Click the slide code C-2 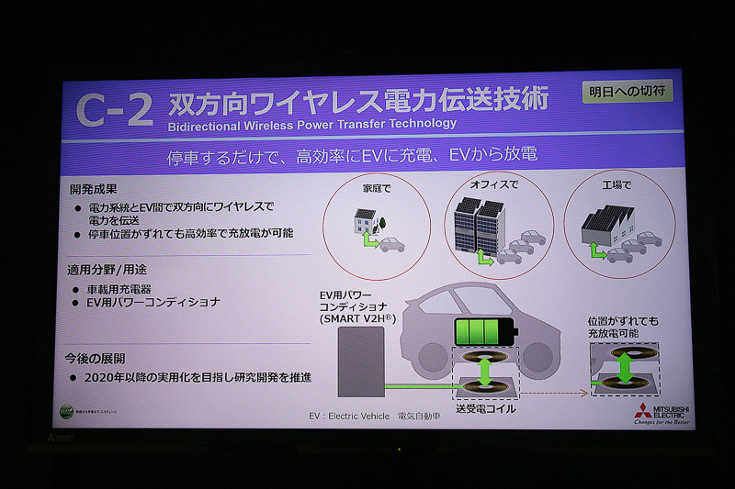(x=115, y=110)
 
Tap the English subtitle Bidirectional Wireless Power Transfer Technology (x=312, y=123)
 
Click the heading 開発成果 (x=95, y=189)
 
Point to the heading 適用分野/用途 (x=108, y=272)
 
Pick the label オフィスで (x=494, y=183)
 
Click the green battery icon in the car (x=485, y=331)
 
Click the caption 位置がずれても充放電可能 (x=624, y=328)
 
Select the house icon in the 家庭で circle (x=365, y=224)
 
